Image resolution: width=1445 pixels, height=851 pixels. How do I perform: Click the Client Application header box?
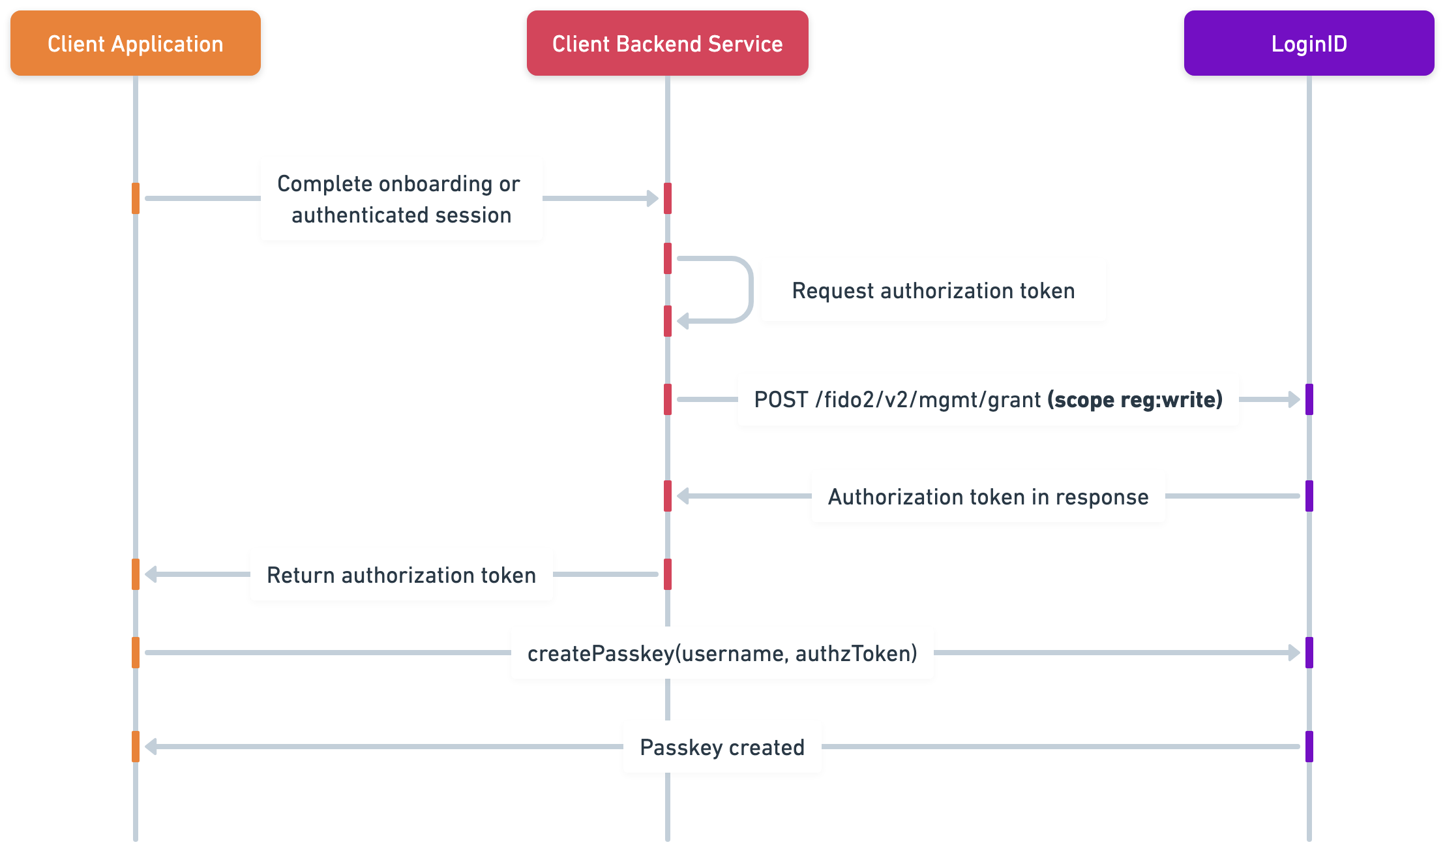click(x=136, y=43)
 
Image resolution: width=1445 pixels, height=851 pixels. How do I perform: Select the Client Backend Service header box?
click(x=667, y=43)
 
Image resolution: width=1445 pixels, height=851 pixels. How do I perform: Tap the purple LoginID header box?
click(x=1309, y=43)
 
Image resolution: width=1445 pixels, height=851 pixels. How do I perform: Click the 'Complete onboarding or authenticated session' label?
click(x=401, y=198)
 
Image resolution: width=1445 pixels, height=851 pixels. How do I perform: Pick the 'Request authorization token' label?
click(x=933, y=290)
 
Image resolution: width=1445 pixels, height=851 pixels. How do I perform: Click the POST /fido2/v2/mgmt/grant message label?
click(x=988, y=399)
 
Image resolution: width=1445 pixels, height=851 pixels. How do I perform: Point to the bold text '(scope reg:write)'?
click(x=1135, y=399)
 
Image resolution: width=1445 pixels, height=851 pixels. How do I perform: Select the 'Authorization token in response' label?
click(x=988, y=496)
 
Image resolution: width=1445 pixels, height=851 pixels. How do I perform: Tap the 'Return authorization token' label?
click(x=401, y=574)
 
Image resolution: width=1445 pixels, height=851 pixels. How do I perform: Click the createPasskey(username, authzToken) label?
click(x=722, y=653)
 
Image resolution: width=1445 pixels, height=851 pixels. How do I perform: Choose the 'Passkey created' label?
click(x=722, y=747)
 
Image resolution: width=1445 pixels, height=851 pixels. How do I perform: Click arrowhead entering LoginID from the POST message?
click(x=1294, y=399)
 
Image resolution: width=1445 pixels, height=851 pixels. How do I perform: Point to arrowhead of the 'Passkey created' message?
click(x=151, y=747)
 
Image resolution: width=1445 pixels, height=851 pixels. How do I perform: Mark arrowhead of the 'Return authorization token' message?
click(x=151, y=574)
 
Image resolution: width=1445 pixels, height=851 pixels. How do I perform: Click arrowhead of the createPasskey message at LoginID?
click(x=1294, y=653)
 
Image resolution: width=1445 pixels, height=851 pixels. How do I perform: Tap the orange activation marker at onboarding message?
click(x=136, y=198)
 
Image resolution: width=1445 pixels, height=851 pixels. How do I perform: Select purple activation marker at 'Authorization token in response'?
click(x=1309, y=496)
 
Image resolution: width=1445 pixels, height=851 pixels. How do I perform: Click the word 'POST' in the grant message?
click(x=781, y=399)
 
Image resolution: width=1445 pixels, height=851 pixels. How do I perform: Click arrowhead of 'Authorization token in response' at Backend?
click(x=683, y=496)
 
